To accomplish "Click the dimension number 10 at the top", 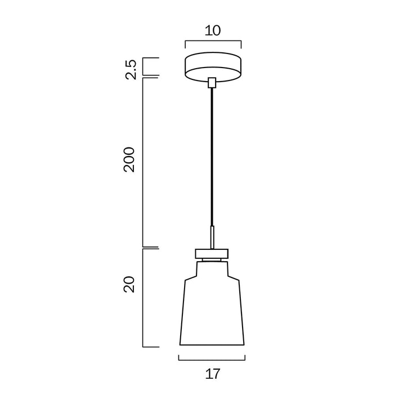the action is click(x=213, y=30).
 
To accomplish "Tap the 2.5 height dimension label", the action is click(x=131, y=70).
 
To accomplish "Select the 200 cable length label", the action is click(x=129, y=159).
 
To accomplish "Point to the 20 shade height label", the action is click(x=129, y=284).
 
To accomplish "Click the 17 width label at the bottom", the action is click(x=213, y=374).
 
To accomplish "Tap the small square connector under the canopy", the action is click(x=212, y=83).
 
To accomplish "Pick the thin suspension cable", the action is click(x=212, y=157).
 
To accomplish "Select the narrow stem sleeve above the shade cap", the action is click(x=212, y=238).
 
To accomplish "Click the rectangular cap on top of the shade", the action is click(x=212, y=253).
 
